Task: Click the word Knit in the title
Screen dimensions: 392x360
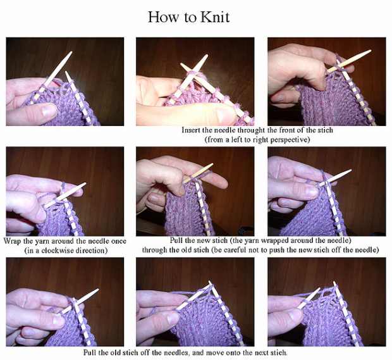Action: [x=215, y=17]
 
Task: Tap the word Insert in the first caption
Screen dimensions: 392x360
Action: [x=191, y=130]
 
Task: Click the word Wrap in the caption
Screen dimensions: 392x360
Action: [x=13, y=241]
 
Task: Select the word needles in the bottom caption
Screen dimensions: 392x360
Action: [x=176, y=353]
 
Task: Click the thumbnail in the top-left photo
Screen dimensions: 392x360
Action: [x=49, y=110]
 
